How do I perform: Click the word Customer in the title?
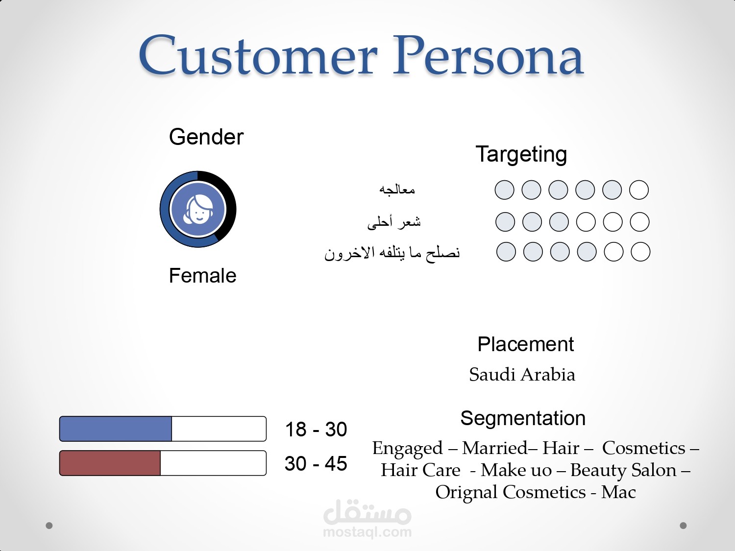click(x=258, y=55)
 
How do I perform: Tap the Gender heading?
click(x=206, y=137)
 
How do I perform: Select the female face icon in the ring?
click(x=198, y=210)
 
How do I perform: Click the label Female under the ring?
click(x=202, y=276)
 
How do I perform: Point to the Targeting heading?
click(x=521, y=155)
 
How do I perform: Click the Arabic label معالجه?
click(x=397, y=190)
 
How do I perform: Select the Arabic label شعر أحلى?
click(x=394, y=222)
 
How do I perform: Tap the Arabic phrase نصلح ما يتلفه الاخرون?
click(x=392, y=253)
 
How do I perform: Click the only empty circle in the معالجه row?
click(x=639, y=190)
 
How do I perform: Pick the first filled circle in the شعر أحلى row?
click(x=505, y=222)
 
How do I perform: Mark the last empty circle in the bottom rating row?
click(x=640, y=252)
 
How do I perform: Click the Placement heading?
click(x=525, y=344)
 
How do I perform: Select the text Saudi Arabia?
click(x=522, y=374)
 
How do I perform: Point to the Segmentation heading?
click(x=523, y=419)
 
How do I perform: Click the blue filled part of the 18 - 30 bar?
click(x=116, y=429)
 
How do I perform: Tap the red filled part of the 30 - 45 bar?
click(x=110, y=463)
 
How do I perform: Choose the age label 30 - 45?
click(x=316, y=464)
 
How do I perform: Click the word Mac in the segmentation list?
click(x=618, y=492)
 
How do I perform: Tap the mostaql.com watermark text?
click(x=367, y=532)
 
